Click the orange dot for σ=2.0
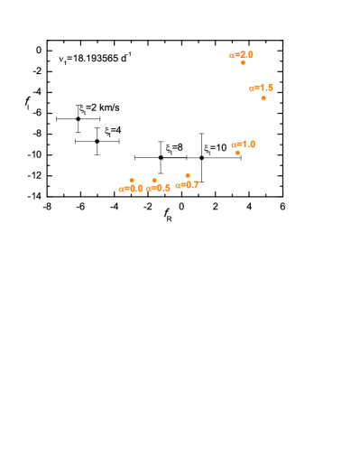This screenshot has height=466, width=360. (243, 63)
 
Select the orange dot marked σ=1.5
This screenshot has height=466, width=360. (263, 98)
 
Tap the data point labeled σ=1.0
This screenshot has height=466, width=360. (237, 153)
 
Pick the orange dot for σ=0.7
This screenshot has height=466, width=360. (188, 175)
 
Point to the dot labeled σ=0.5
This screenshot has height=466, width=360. (154, 181)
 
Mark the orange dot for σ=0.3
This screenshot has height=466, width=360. (132, 181)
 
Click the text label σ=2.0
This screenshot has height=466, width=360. (241, 55)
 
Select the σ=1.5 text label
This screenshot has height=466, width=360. (261, 89)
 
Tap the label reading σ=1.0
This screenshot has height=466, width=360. (244, 144)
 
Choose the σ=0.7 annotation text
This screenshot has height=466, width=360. (188, 185)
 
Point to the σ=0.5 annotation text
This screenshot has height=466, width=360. (159, 189)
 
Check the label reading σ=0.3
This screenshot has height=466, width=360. (132, 189)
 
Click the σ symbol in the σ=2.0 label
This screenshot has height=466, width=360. (232, 56)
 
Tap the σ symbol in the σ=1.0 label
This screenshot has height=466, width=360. (235, 145)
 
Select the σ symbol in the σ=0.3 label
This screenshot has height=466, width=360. (122, 190)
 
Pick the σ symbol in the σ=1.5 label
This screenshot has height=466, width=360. (252, 89)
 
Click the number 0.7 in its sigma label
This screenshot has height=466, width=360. (192, 185)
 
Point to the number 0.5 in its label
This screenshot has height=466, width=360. (163, 189)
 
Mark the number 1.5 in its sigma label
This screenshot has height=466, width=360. (266, 89)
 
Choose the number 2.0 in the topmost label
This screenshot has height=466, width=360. (246, 55)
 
